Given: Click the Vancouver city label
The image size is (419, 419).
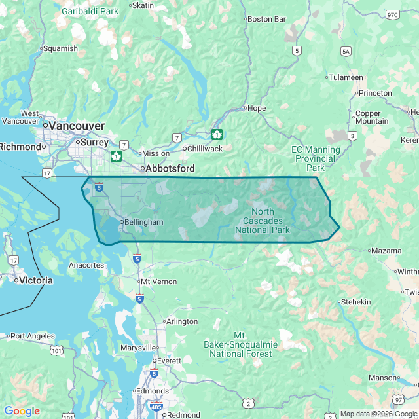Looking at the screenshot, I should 77,125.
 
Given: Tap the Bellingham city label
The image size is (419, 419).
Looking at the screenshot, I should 143,222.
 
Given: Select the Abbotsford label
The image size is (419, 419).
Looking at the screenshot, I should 170,168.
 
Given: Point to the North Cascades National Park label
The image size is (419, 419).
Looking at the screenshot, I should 263,221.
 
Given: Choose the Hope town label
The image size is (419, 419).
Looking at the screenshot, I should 256,108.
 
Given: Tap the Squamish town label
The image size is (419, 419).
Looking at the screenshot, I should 60,48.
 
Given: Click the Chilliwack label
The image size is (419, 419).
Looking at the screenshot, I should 205,149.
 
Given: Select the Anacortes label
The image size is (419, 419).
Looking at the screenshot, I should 86,265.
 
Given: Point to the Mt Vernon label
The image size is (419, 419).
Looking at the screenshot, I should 159,281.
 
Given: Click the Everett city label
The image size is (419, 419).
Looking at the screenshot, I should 169,361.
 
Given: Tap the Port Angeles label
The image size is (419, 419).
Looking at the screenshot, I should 33,336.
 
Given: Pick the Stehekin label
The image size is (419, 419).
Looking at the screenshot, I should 355,302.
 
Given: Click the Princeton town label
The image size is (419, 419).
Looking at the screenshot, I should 375,93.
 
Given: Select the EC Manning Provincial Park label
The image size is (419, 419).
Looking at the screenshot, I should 316,158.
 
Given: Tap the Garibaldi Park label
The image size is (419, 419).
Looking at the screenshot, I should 90,11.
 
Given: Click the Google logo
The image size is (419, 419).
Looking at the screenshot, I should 22,411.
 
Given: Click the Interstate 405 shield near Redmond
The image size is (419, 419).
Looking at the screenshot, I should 156,406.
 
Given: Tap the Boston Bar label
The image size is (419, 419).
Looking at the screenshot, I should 268,19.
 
